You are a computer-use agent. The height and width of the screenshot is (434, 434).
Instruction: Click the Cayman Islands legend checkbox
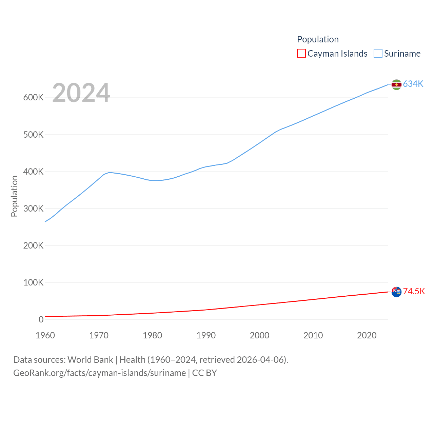(x=301, y=54)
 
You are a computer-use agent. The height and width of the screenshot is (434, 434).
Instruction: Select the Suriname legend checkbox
(x=378, y=54)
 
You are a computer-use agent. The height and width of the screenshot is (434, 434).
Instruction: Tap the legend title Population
(x=318, y=39)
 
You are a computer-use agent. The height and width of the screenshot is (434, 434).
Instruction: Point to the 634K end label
(x=413, y=84)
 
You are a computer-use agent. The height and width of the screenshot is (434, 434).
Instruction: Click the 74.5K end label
(x=414, y=291)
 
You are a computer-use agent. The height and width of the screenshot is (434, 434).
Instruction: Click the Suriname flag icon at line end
(x=396, y=84)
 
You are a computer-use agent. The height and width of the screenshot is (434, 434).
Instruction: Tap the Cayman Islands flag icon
(x=396, y=292)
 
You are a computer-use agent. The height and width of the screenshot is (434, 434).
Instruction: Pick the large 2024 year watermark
(x=81, y=93)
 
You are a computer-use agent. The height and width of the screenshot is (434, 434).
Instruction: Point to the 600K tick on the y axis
(x=33, y=98)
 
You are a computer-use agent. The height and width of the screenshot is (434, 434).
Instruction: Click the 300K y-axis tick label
(x=33, y=209)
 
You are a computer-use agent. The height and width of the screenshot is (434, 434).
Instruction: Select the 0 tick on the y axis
(x=41, y=319)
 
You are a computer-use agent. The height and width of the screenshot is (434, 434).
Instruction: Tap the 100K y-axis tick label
(x=33, y=282)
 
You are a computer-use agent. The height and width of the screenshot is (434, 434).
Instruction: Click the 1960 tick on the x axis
(x=45, y=335)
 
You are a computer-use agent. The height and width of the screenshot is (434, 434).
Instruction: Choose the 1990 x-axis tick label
(x=206, y=335)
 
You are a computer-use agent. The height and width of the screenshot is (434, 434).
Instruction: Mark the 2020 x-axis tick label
(x=367, y=335)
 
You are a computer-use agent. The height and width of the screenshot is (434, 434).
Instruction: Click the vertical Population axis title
(x=14, y=196)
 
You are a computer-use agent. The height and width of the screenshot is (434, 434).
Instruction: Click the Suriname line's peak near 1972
(x=109, y=172)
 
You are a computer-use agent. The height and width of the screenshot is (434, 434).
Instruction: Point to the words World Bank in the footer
(x=90, y=360)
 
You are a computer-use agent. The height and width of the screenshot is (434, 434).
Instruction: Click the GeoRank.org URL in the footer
(x=99, y=373)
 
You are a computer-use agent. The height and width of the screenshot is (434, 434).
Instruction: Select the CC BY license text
(x=204, y=373)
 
